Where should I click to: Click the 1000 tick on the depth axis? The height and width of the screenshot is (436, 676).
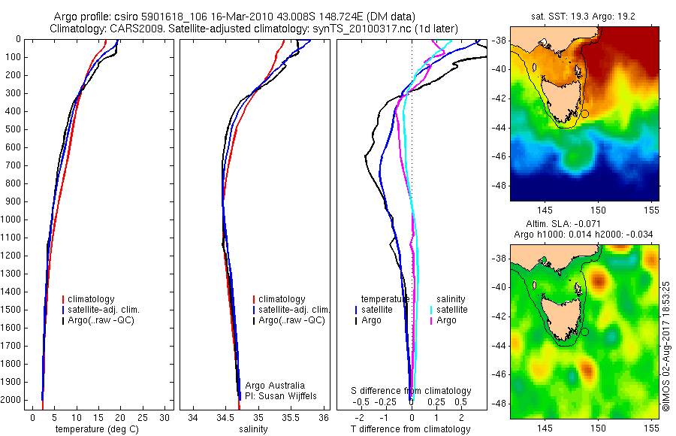pyautogui.click(x=11, y=220)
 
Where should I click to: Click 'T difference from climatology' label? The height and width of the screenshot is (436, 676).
pyautogui.click(x=411, y=429)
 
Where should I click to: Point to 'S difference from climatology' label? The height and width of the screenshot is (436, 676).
pyautogui.click(x=412, y=391)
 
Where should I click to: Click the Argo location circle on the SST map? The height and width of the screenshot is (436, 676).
pyautogui.click(x=584, y=114)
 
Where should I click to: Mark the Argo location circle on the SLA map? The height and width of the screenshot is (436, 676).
pyautogui.click(x=584, y=332)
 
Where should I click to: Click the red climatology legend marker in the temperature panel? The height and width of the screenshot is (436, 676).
pyautogui.click(x=64, y=299)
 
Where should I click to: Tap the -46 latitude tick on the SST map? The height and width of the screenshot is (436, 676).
pyautogui.click(x=499, y=156)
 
